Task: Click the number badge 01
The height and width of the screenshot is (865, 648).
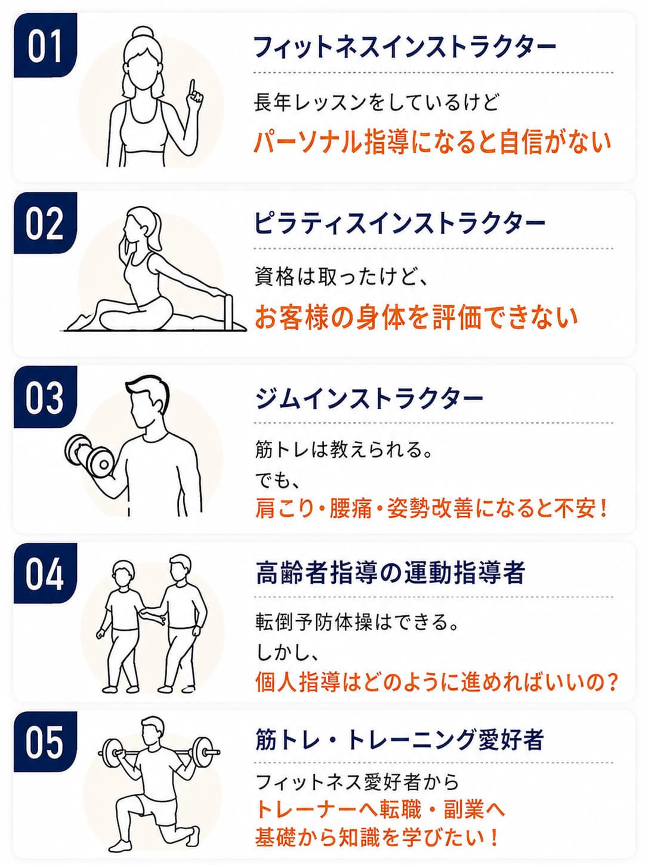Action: [x=45, y=46]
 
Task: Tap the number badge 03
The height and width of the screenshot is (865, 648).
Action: [x=45, y=397]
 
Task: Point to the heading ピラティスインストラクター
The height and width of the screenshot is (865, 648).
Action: [x=399, y=223]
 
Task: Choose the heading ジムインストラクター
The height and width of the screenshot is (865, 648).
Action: [x=369, y=398]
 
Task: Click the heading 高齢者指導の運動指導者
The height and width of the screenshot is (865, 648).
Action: [x=390, y=572]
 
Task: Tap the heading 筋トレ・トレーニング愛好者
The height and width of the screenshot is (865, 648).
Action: [x=399, y=740]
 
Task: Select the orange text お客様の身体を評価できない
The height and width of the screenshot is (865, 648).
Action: [x=416, y=317]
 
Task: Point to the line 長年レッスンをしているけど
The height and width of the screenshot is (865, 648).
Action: [x=376, y=103]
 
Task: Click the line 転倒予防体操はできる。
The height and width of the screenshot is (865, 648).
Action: [x=356, y=622]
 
